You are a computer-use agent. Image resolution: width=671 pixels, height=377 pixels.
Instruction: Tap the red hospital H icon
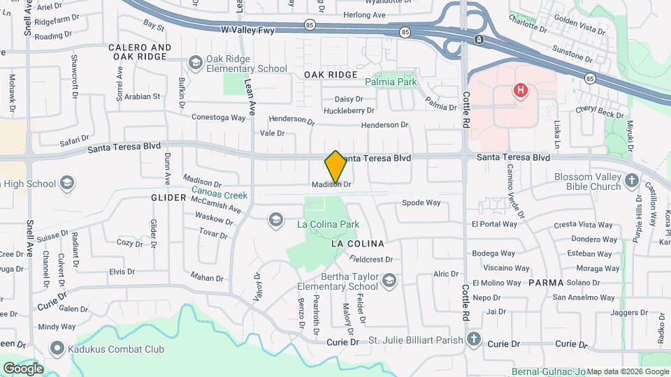(519, 90)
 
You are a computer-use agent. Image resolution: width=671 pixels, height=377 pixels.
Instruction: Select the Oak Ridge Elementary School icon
(195, 64)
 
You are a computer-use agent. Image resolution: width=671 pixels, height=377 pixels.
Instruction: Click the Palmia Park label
(391, 82)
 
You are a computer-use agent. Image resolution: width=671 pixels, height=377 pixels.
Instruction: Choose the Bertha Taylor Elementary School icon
(389, 281)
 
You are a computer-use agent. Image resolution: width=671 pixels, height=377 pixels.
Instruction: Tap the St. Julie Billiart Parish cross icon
(474, 340)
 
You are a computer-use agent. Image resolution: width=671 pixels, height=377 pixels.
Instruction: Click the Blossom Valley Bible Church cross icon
(632, 182)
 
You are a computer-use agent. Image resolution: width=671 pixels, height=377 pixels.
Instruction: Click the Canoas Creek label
(219, 196)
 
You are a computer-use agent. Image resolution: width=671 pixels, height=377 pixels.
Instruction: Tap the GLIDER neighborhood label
(168, 198)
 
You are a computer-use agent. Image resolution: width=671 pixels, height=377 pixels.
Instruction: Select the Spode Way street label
(421, 203)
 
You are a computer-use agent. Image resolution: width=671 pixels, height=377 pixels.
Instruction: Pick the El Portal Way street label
(494, 224)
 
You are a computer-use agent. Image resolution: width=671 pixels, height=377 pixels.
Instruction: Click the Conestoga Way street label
(219, 117)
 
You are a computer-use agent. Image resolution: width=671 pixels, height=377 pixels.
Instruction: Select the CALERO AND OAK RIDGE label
(140, 52)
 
